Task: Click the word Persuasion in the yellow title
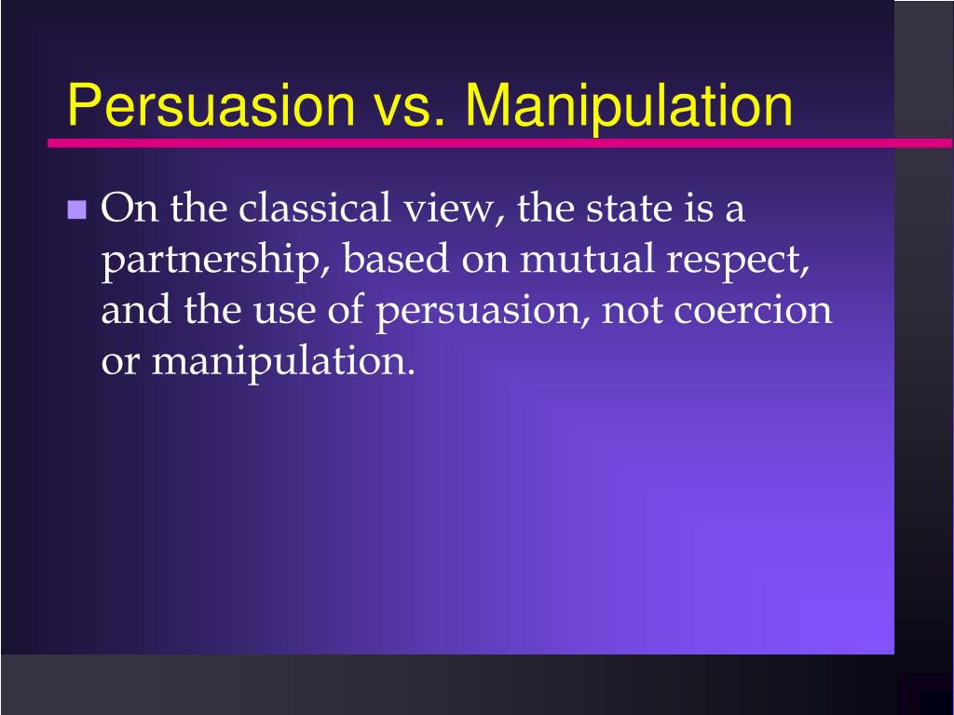pyautogui.click(x=211, y=104)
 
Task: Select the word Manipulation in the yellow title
pyautogui.click(x=629, y=105)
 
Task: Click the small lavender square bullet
pyautogui.click(x=76, y=209)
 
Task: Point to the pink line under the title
pyautogui.click(x=500, y=142)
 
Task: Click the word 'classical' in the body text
pyautogui.click(x=314, y=208)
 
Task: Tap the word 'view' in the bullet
pyautogui.click(x=449, y=209)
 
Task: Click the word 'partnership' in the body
pyautogui.click(x=211, y=261)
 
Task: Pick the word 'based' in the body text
pyautogui.click(x=395, y=259)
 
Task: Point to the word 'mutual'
pyautogui.click(x=587, y=259)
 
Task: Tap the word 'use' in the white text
pyautogui.click(x=284, y=311)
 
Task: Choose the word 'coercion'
pyautogui.click(x=752, y=310)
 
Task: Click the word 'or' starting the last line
pyautogui.click(x=120, y=363)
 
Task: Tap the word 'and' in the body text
pyautogui.click(x=136, y=309)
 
